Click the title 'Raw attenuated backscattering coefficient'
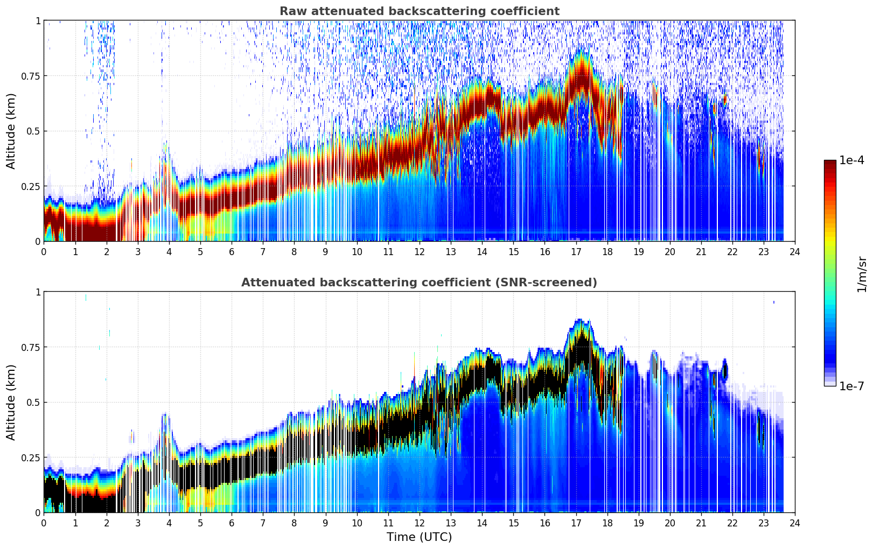pos(419,11)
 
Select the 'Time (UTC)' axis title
pos(419,537)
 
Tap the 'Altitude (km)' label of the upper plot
pos(11,131)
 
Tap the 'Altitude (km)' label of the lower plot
pos(11,402)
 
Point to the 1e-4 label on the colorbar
pos(851,160)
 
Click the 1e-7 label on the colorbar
pos(851,386)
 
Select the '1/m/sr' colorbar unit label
pos(862,274)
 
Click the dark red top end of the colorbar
pos(829,163)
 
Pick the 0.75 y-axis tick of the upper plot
pos(30,76)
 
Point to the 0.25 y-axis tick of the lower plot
pos(30,457)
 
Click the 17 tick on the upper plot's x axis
pos(576,251)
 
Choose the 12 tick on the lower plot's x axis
pos(419,523)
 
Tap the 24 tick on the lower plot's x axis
pos(794,523)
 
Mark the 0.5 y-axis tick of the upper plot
pos(33,131)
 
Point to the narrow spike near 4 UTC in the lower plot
pos(165,425)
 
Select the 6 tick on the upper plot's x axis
pos(232,251)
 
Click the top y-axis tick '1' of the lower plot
pos(38,292)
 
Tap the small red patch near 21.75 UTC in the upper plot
pos(725,99)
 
